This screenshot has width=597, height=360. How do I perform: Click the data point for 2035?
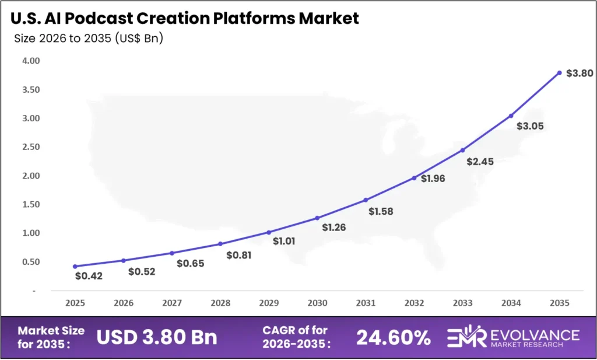559,73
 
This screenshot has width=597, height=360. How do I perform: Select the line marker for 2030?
317,218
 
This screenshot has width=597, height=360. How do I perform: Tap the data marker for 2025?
75,266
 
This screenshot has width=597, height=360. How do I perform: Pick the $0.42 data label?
89,276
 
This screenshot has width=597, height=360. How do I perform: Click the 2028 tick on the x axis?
220,303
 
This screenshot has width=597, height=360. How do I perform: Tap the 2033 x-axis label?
462,303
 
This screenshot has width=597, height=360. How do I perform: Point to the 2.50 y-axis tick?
31,147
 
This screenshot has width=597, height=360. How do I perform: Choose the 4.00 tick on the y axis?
31,61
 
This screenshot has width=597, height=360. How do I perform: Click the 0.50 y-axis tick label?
31,262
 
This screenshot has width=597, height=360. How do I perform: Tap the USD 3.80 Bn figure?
157,337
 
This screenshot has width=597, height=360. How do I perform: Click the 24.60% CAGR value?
394,337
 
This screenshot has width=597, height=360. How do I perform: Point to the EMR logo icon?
466,337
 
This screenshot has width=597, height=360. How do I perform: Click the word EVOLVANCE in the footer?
534,334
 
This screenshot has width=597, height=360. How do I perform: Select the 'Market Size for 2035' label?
51,337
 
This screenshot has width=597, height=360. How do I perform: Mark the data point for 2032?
414,178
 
